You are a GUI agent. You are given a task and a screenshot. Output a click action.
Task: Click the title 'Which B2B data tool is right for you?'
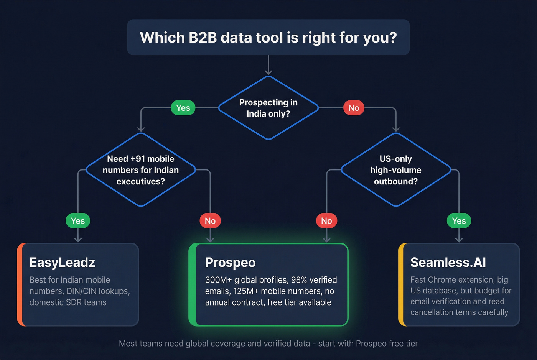pos(268,38)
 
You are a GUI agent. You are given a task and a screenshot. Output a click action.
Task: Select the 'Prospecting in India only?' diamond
pos(268,108)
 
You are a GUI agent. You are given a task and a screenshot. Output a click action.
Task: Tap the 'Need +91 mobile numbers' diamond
pos(141,170)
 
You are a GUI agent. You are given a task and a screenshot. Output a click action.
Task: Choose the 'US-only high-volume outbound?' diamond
pos(395,170)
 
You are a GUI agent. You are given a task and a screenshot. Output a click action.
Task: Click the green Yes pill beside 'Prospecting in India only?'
pos(183,108)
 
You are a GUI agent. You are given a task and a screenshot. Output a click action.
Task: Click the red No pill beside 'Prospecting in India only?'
pos(354,108)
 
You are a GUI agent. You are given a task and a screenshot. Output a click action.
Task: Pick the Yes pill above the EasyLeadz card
pos(78,220)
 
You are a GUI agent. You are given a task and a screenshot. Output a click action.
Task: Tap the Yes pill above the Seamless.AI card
pos(459,220)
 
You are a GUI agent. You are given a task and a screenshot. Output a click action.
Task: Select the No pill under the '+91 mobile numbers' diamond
pos(210,220)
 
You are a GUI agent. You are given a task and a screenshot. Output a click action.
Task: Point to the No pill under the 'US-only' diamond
pos(326,220)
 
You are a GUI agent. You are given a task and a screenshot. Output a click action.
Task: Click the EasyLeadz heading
pos(62,263)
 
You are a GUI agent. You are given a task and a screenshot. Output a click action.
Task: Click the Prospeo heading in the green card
pos(230,263)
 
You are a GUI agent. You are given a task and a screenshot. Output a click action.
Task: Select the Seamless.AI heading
pos(448,263)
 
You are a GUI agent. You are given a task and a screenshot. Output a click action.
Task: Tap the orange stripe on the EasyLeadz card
pos(20,284)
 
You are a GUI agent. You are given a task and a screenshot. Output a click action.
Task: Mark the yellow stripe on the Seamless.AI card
pos(401,284)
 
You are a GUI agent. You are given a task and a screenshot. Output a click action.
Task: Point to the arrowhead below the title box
pos(268,72)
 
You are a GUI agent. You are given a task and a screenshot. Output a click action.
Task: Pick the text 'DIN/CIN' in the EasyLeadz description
pos(81,291)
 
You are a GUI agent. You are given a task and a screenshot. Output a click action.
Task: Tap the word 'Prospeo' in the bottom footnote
pos(371,344)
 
